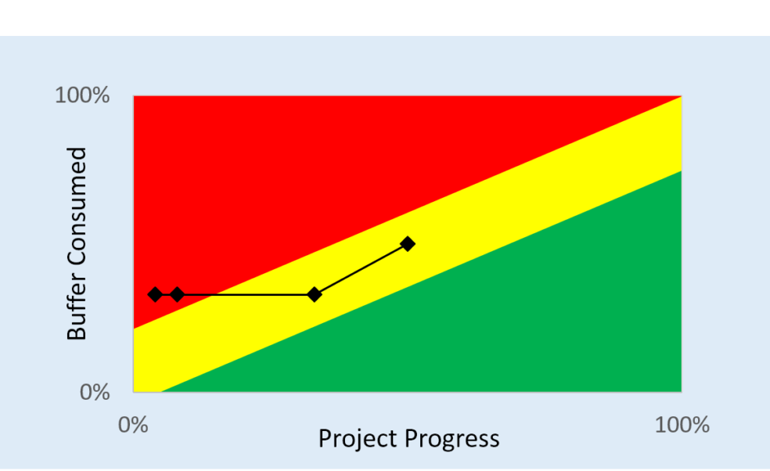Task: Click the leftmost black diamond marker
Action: click(x=155, y=295)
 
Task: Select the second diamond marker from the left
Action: click(x=178, y=295)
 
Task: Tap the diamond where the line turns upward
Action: click(x=315, y=295)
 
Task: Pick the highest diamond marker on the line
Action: click(x=407, y=243)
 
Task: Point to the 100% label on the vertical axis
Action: click(x=82, y=95)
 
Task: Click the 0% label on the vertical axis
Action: click(x=95, y=392)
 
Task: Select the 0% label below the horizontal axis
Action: click(x=133, y=425)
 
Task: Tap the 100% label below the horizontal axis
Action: click(x=682, y=425)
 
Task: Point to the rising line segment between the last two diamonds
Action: click(x=361, y=269)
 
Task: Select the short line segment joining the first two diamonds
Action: click(x=166, y=295)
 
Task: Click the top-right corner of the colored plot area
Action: click(x=682, y=95)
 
